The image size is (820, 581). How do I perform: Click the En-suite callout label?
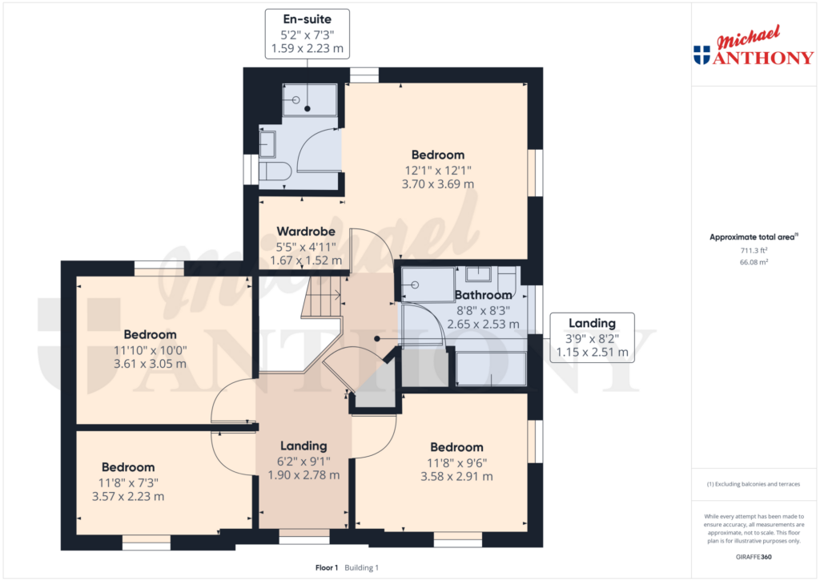click(x=307, y=19)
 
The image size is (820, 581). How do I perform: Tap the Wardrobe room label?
click(x=306, y=232)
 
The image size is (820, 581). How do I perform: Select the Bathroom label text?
click(x=483, y=295)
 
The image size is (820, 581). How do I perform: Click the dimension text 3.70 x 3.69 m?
click(x=438, y=184)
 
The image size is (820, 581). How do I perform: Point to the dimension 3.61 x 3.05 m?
click(x=150, y=364)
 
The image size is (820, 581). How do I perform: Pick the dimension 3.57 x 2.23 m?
click(x=128, y=496)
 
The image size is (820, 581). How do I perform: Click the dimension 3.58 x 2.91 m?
click(x=456, y=476)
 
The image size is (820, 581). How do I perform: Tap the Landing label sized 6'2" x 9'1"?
click(x=303, y=446)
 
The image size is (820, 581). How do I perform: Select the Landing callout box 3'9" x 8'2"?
click(x=592, y=337)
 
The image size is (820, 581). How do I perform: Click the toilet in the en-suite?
click(x=275, y=171)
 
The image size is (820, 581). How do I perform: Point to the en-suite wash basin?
click(x=267, y=144)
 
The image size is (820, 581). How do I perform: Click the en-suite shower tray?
click(x=310, y=100)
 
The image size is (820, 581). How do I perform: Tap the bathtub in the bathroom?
click(x=491, y=369)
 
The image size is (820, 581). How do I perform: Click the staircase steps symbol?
click(x=322, y=297)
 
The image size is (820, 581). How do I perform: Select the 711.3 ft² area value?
click(x=754, y=250)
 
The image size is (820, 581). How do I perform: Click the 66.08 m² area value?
click(x=754, y=262)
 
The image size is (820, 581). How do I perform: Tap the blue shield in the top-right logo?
click(x=701, y=55)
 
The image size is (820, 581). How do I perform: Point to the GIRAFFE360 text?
click(x=754, y=557)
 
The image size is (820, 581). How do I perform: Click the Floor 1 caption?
click(x=327, y=568)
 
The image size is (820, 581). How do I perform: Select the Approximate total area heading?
click(x=754, y=237)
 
